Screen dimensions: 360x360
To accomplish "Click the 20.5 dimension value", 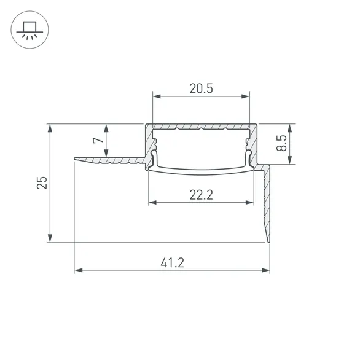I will [x=201, y=88].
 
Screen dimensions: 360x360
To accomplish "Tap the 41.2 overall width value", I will [x=173, y=262].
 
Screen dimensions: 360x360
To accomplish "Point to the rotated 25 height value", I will [x=41, y=183].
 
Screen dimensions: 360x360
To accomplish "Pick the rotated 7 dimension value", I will [x=97, y=141].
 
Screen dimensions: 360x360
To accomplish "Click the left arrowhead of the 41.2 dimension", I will [x=77, y=270].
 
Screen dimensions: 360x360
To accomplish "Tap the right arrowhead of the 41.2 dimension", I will [x=267, y=270].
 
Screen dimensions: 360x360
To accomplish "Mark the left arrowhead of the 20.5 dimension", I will [x=155, y=96].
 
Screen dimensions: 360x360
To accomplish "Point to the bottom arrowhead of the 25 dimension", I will [x=50, y=239].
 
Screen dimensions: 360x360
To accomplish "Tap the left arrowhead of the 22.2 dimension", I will [x=152, y=202].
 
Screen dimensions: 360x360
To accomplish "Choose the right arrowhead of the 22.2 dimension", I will [x=251, y=202].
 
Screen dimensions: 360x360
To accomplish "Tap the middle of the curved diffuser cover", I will [x=201, y=169].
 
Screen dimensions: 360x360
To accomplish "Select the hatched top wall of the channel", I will [x=201, y=127].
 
